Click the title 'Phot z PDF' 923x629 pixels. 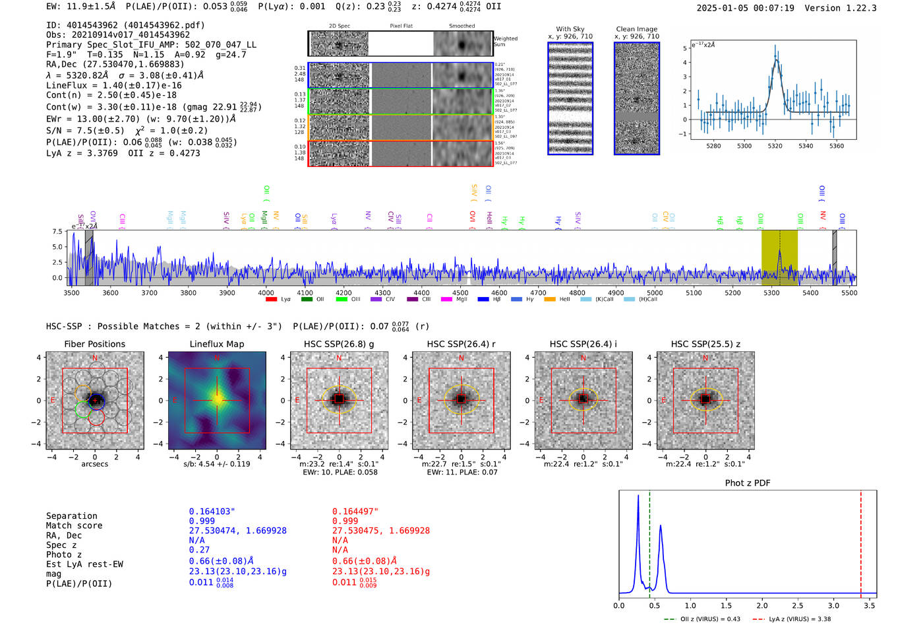click(x=748, y=483)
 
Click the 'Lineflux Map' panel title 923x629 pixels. click(x=216, y=344)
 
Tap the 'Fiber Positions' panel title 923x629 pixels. click(x=94, y=344)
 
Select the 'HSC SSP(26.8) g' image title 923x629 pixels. click(x=339, y=344)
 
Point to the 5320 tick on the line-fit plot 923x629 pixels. click(x=775, y=146)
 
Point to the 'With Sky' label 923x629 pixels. click(x=570, y=29)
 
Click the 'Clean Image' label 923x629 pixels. click(x=636, y=29)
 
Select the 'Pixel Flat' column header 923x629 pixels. click(x=401, y=26)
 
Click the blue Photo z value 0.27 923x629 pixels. click(x=199, y=550)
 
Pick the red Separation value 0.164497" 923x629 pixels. click(x=355, y=512)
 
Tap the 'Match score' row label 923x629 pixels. click(x=74, y=526)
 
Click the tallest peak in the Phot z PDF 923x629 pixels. click(x=638, y=496)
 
